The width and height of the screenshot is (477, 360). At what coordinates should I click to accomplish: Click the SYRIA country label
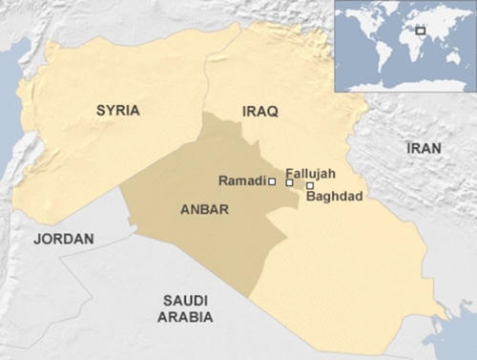(117, 111)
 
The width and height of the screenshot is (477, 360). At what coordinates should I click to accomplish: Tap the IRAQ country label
(259, 113)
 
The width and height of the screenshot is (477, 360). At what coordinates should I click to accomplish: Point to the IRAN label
(424, 149)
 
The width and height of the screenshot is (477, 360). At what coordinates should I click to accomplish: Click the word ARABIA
(185, 317)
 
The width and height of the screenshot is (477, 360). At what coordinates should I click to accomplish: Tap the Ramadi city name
(242, 180)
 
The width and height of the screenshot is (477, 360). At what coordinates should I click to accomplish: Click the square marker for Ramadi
(272, 180)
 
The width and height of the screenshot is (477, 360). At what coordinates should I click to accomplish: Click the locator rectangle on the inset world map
(421, 31)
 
